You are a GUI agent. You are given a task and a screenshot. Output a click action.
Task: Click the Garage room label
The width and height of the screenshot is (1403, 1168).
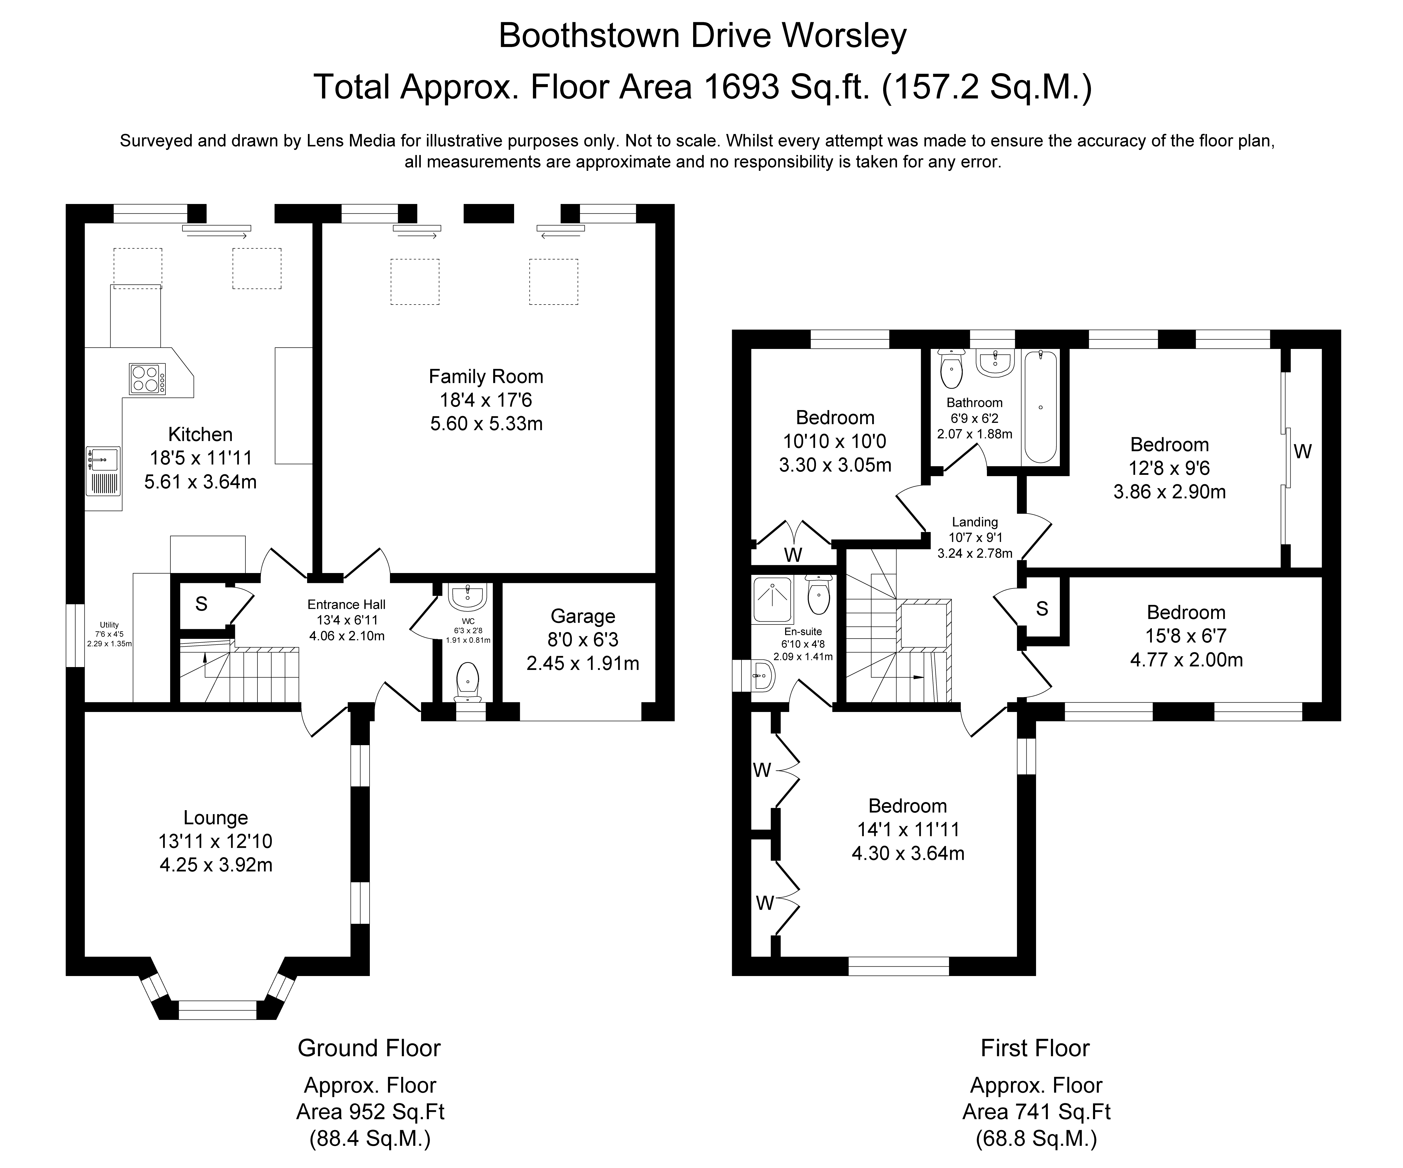click(x=583, y=616)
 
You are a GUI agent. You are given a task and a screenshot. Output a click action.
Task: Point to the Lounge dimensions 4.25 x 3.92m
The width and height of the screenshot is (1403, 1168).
click(x=216, y=865)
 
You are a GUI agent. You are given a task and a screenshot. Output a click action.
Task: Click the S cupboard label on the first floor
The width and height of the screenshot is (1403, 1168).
click(x=1042, y=608)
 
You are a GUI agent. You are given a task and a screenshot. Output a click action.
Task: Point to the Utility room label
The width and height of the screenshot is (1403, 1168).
click(x=109, y=625)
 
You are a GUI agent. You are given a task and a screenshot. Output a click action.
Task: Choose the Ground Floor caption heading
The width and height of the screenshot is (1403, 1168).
click(x=369, y=1048)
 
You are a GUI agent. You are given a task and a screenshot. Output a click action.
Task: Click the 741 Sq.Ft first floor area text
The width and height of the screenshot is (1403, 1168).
click(x=1037, y=1111)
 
